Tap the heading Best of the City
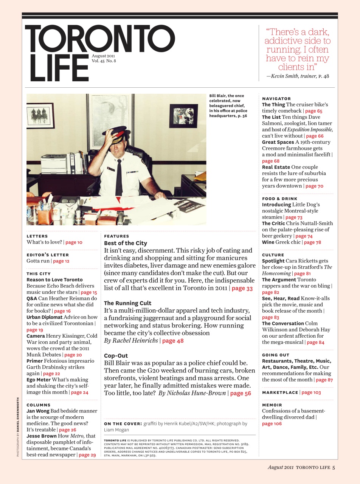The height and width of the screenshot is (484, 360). click(x=126, y=243)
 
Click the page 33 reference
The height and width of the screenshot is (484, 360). click(x=242, y=288)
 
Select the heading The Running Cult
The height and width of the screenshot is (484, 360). click(x=127, y=303)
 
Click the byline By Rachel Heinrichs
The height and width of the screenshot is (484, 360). click(x=130, y=341)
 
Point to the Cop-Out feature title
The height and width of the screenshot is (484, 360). click(x=116, y=356)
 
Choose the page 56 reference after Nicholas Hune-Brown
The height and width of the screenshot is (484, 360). click(x=241, y=393)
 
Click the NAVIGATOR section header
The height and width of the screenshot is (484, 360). click(x=276, y=98)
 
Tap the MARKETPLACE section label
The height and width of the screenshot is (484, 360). click(x=280, y=392)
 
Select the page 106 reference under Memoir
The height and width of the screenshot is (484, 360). click(x=272, y=423)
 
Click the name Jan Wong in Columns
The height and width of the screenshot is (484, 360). click(x=38, y=411)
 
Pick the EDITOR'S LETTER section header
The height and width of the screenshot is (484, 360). click(x=48, y=255)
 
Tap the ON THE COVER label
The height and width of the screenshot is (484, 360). click(x=123, y=424)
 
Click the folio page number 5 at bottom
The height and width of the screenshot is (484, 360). click(x=334, y=467)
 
